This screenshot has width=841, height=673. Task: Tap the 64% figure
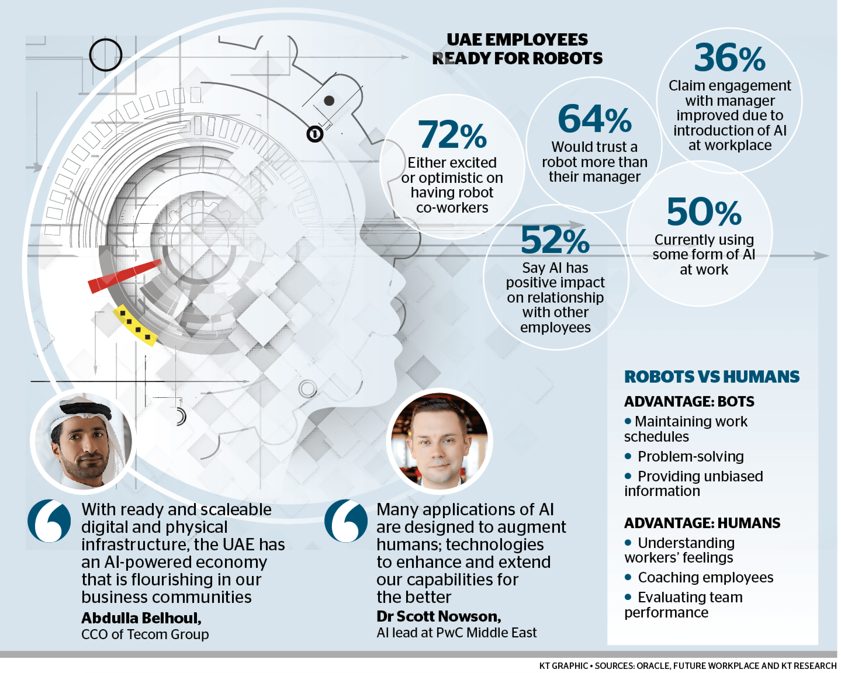pyautogui.click(x=594, y=119)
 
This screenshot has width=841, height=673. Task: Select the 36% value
pyautogui.click(x=729, y=58)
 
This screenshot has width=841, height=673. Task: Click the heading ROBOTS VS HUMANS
pyautogui.click(x=712, y=377)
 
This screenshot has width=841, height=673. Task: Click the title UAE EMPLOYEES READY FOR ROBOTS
pyautogui.click(x=517, y=49)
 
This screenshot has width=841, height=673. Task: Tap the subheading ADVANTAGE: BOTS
pyautogui.click(x=689, y=402)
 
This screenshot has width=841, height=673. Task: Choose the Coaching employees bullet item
pyautogui.click(x=705, y=577)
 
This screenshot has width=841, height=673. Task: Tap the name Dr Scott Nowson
pyautogui.click(x=438, y=616)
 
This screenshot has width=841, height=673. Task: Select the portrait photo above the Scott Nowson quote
pyautogui.click(x=439, y=440)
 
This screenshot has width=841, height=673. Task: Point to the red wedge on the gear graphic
pyautogui.click(x=124, y=276)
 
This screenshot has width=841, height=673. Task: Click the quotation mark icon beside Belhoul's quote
pyautogui.click(x=49, y=521)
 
